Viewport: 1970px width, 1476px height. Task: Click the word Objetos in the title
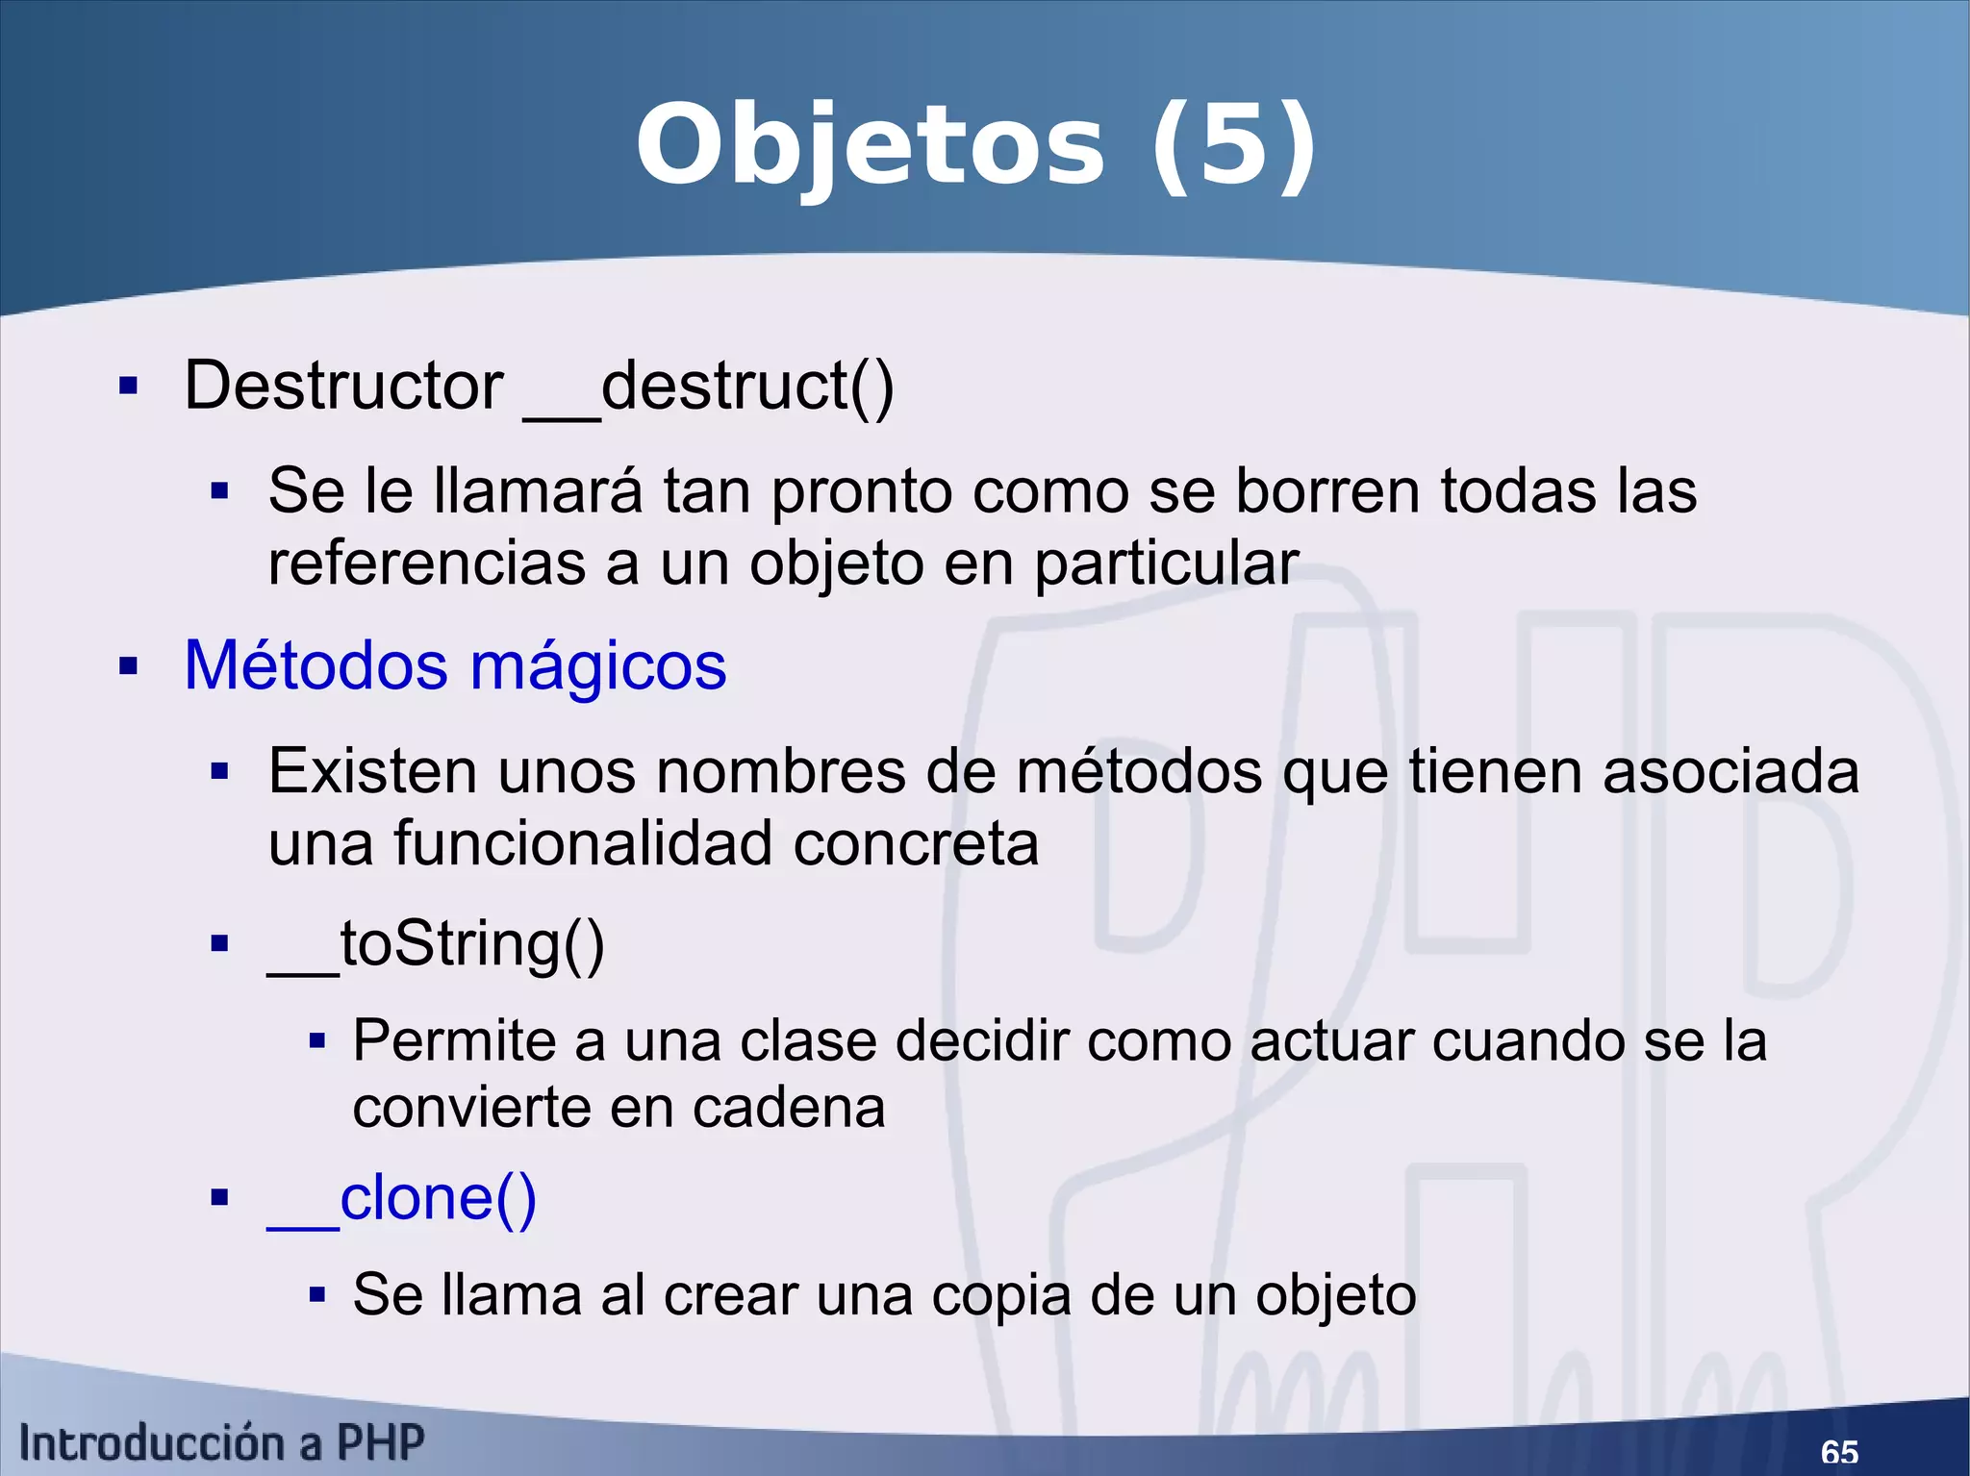tap(871, 147)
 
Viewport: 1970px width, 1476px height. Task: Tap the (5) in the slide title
tap(1233, 147)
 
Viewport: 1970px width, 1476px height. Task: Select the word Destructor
tap(343, 386)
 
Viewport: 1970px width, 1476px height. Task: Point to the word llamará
tap(538, 490)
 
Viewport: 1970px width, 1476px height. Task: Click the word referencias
tap(426, 563)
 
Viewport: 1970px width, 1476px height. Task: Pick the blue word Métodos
tap(316, 664)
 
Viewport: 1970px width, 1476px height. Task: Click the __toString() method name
tap(436, 944)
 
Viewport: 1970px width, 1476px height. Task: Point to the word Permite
tap(455, 1040)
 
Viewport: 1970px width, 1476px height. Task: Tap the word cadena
tap(789, 1108)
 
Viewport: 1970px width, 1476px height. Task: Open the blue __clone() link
tap(401, 1198)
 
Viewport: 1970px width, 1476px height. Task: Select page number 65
tap(1839, 1451)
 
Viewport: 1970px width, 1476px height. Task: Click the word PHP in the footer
tap(380, 1442)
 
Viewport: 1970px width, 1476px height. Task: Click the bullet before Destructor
tap(128, 387)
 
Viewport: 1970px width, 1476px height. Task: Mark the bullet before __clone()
tap(220, 1198)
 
